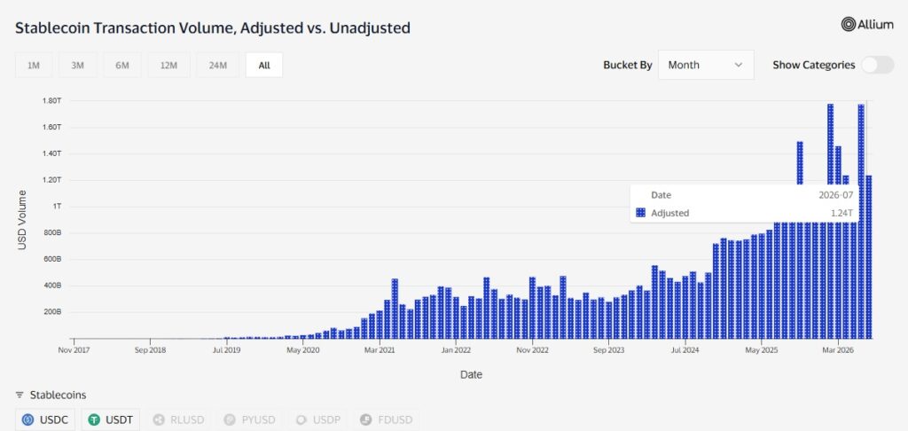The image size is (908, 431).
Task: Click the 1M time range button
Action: [x=34, y=65]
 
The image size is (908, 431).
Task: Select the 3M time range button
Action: [x=78, y=65]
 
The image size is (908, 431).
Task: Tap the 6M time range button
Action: [x=122, y=65]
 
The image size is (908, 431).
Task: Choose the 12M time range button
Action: [x=168, y=65]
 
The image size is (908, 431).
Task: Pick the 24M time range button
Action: [x=218, y=65]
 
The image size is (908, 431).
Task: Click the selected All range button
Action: [x=264, y=65]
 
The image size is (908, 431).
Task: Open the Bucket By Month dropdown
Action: [x=706, y=65]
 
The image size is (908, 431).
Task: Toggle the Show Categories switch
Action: [x=877, y=65]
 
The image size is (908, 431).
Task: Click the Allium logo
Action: [x=867, y=24]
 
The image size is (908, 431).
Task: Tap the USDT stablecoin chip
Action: [x=111, y=419]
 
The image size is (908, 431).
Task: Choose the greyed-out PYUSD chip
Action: [x=249, y=419]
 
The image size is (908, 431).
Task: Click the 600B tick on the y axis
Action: [x=52, y=259]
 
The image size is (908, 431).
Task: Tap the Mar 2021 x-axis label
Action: [x=380, y=350]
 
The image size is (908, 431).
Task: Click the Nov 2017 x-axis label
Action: [x=74, y=350]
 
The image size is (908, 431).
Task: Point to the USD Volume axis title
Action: [x=22, y=220]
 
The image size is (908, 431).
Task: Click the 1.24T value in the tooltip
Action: [x=842, y=213]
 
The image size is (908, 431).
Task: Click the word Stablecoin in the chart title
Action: [x=50, y=27]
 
